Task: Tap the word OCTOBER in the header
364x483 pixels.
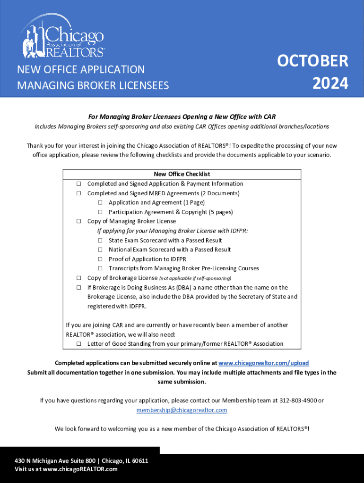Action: [312, 61]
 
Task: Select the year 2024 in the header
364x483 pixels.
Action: [330, 83]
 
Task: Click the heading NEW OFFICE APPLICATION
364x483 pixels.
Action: [81, 70]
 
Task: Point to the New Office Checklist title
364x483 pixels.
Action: [182, 174]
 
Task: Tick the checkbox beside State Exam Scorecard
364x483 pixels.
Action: [100, 240]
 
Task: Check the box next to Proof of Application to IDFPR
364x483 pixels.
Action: [100, 259]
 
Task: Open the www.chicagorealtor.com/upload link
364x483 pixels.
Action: [264, 363]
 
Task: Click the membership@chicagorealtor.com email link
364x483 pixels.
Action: [182, 410]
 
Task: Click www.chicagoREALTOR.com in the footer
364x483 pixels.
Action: [80, 469]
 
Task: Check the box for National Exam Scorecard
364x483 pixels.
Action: [100, 250]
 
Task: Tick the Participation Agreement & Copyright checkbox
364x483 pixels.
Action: [100, 212]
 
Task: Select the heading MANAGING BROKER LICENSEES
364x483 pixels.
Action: [93, 85]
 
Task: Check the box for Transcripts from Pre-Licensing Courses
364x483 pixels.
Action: [100, 268]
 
